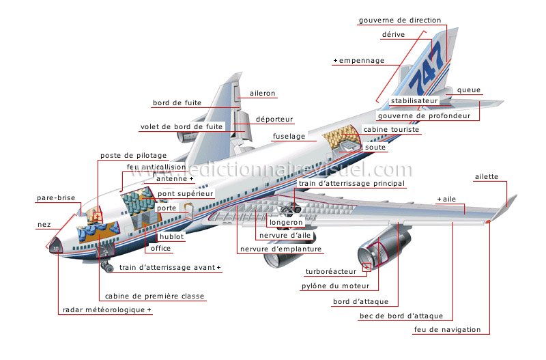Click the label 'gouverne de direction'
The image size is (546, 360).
[x=400, y=20]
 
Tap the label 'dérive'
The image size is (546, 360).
[x=394, y=34]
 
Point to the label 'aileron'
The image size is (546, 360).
[x=263, y=93]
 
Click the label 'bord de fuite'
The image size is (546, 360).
[x=177, y=103]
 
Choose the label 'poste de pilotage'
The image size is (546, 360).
[x=133, y=156]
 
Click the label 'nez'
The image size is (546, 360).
[x=43, y=225]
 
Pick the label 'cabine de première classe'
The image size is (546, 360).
[x=154, y=296]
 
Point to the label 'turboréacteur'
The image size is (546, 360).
[x=331, y=271]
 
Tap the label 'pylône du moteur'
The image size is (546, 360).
[x=335, y=286]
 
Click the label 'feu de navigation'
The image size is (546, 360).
[x=447, y=330]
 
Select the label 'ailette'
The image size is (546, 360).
[x=487, y=178]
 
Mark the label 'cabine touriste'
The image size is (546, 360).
[x=391, y=130]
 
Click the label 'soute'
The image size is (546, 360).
[x=375, y=147]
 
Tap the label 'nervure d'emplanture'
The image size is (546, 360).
[x=281, y=249]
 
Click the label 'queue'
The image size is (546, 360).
[x=469, y=90]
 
